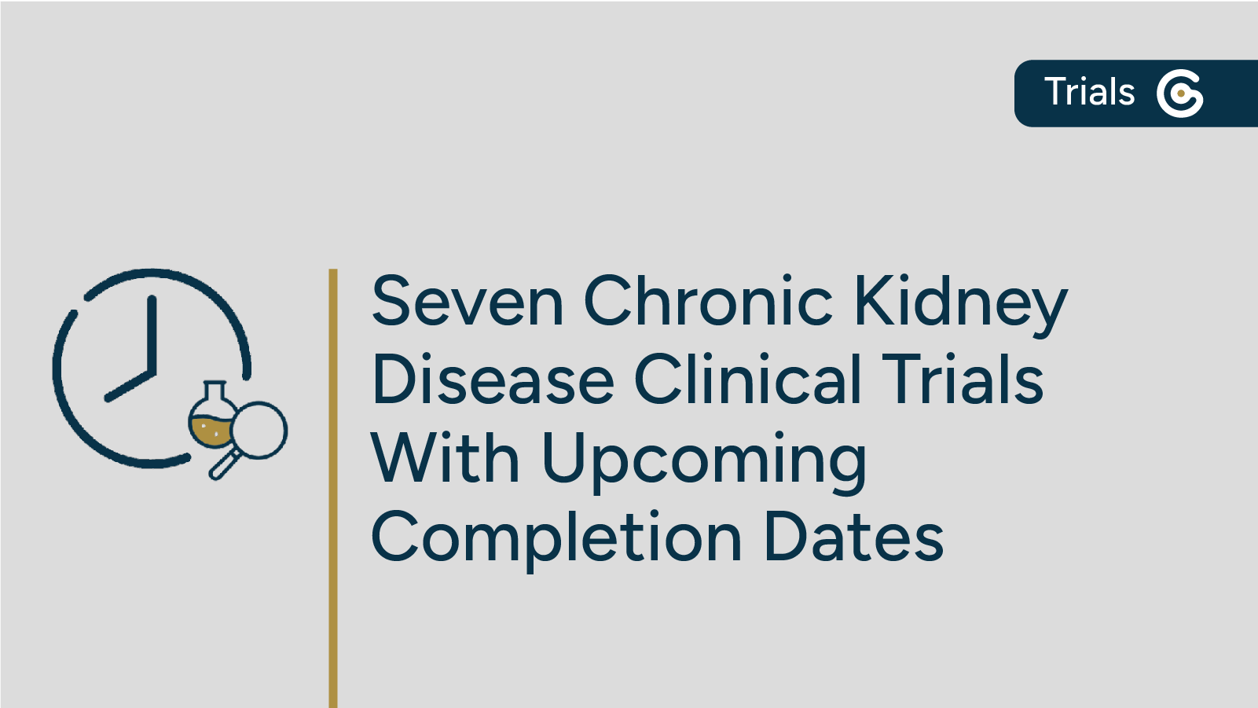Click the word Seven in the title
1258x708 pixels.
point(468,302)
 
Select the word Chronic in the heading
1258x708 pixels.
point(707,302)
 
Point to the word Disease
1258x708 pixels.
point(493,380)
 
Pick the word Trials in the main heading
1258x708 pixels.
point(963,380)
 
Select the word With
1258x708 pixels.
point(445,459)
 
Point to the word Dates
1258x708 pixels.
point(853,537)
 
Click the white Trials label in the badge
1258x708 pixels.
point(1089,92)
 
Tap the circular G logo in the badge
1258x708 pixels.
point(1179,94)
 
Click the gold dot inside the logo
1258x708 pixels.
point(1180,94)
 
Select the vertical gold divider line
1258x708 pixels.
point(333,487)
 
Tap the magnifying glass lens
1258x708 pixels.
point(259,430)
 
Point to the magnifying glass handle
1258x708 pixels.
point(223,465)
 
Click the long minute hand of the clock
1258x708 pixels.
point(152,334)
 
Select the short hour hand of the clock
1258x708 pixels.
point(129,385)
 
